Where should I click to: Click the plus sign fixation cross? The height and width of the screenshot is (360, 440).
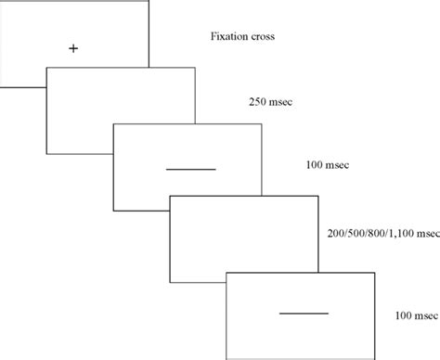tap(73, 47)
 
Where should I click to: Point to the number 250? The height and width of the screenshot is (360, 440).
tap(260, 102)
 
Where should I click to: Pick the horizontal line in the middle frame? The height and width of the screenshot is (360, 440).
tap(190, 169)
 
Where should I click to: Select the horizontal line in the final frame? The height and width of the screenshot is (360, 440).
tap(304, 315)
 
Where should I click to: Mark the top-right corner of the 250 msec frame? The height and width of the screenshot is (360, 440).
tap(194, 67)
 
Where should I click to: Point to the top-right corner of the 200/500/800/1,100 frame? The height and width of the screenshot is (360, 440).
tap(317, 194)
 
